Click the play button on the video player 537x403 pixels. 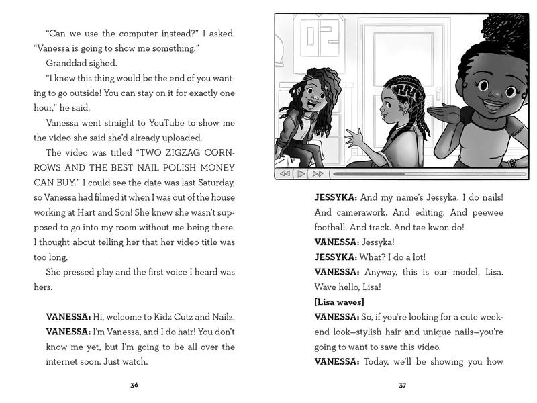pos(301,174)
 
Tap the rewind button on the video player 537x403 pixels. pos(285,174)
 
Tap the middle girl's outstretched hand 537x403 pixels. pos(354,140)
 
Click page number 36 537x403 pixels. pos(135,385)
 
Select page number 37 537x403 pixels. pos(403,385)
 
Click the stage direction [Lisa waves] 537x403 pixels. pos(340,302)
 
